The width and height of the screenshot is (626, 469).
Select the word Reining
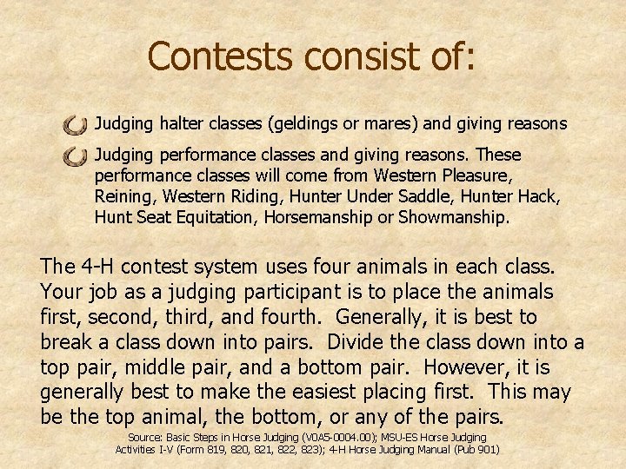pyautogui.click(x=121, y=196)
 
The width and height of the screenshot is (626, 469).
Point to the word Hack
pyautogui.click(x=541, y=196)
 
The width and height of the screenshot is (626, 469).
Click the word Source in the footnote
pyautogui.click(x=148, y=438)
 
